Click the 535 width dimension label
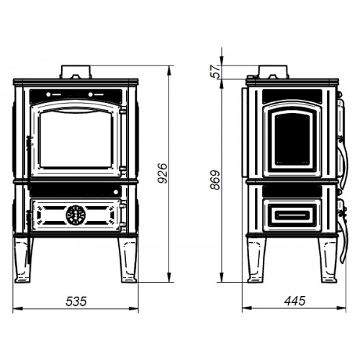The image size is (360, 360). click(x=76, y=302)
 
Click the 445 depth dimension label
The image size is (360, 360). click(x=294, y=301)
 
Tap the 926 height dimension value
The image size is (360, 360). click(x=163, y=174)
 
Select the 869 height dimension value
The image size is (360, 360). click(x=215, y=180)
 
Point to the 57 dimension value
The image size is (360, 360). click(x=216, y=71)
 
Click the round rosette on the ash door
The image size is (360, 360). click(x=76, y=215)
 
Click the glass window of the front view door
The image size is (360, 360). click(x=76, y=139)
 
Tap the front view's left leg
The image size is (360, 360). click(x=23, y=260)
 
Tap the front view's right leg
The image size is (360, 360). click(x=128, y=260)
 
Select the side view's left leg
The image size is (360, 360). click(x=256, y=260)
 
